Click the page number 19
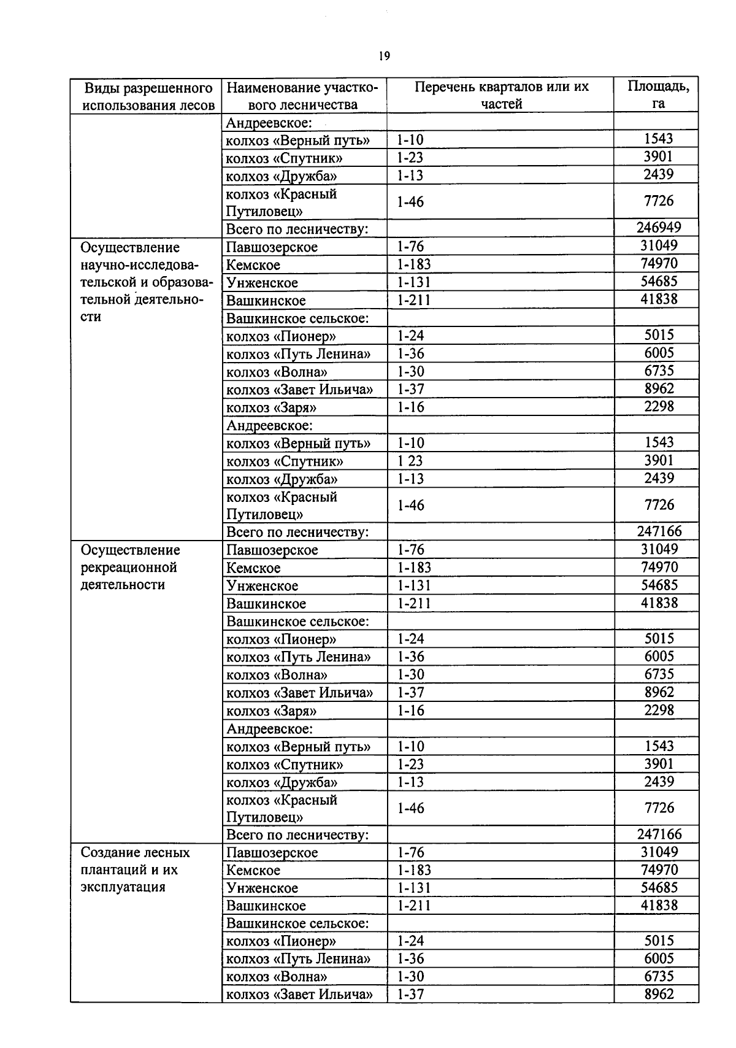384,56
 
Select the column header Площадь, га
657,94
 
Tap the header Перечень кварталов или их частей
501,95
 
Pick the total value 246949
658,228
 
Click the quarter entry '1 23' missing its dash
410,461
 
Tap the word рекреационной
129,568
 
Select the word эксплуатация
123,887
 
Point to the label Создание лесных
135,852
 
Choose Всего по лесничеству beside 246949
297,229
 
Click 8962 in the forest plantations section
659,994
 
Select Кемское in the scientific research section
253,265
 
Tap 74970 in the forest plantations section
659,870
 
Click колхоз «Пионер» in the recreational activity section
281,639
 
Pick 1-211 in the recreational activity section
414,603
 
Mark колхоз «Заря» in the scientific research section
271,407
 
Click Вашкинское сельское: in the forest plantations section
297,923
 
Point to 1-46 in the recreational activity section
410,808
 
